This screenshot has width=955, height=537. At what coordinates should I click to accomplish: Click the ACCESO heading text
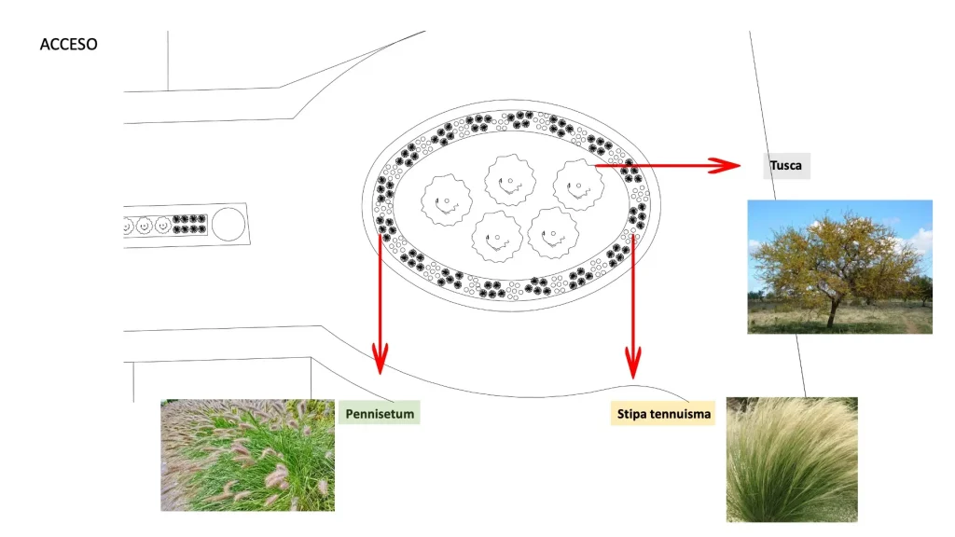coord(68,45)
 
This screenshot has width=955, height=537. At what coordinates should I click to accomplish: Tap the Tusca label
coord(786,166)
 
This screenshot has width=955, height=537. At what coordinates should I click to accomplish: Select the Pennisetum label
coord(380,413)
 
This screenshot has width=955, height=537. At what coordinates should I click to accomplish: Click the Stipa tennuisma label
coord(663,413)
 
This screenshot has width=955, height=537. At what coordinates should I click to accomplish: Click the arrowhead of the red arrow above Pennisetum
coord(381,359)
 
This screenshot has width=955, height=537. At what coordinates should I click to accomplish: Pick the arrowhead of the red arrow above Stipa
coord(633,364)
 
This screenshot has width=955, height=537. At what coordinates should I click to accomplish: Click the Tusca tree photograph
coord(840,267)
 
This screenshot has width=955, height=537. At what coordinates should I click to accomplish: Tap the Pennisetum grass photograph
coord(247,455)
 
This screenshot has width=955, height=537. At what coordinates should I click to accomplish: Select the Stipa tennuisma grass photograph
coord(792,460)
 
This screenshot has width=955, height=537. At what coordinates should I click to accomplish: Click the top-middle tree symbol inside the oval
coord(510,180)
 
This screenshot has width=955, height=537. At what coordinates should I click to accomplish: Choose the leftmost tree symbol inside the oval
coord(446,200)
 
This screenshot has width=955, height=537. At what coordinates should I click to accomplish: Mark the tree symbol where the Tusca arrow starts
coord(578,185)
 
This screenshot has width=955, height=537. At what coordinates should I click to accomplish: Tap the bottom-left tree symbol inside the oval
coord(497,236)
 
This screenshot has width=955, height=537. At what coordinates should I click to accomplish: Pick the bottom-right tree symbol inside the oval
coord(552,232)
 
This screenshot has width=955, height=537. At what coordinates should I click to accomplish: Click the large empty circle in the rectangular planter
coord(228,224)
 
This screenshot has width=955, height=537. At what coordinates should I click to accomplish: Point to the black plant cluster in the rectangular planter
coord(189,224)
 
